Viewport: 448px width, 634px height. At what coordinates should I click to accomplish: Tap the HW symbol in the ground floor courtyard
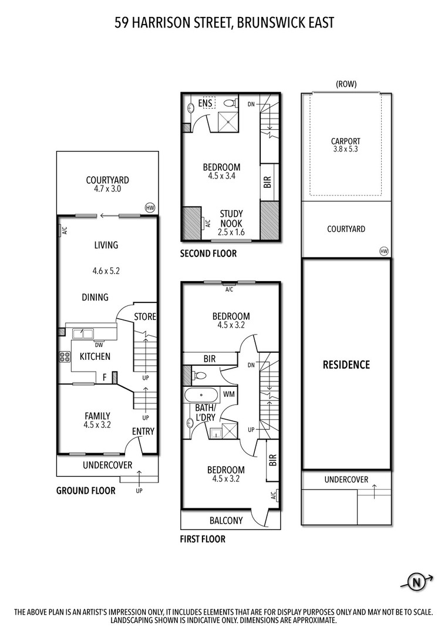(x=150, y=207)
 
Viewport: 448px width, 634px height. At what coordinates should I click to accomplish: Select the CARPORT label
(x=345, y=141)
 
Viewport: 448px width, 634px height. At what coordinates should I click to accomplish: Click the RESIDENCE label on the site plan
(x=346, y=365)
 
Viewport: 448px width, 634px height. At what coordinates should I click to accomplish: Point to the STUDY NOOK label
(x=231, y=218)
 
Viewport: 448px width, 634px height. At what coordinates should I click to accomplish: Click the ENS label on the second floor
(x=205, y=104)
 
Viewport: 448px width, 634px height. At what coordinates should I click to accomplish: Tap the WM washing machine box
(x=229, y=394)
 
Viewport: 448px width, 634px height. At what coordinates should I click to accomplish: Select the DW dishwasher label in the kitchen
(x=99, y=345)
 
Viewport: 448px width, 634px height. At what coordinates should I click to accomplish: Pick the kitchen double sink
(x=83, y=334)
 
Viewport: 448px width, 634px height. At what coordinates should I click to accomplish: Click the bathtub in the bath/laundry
(x=201, y=394)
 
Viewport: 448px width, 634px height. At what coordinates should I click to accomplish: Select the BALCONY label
(x=226, y=520)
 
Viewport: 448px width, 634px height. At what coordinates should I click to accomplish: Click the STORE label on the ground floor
(x=145, y=317)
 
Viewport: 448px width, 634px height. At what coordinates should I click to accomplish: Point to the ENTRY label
(x=143, y=431)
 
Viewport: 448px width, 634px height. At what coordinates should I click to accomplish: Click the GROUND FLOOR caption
(x=86, y=491)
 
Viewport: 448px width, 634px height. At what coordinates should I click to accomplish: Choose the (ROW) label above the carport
(x=346, y=84)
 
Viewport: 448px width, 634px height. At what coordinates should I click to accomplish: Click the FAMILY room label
(x=97, y=416)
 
